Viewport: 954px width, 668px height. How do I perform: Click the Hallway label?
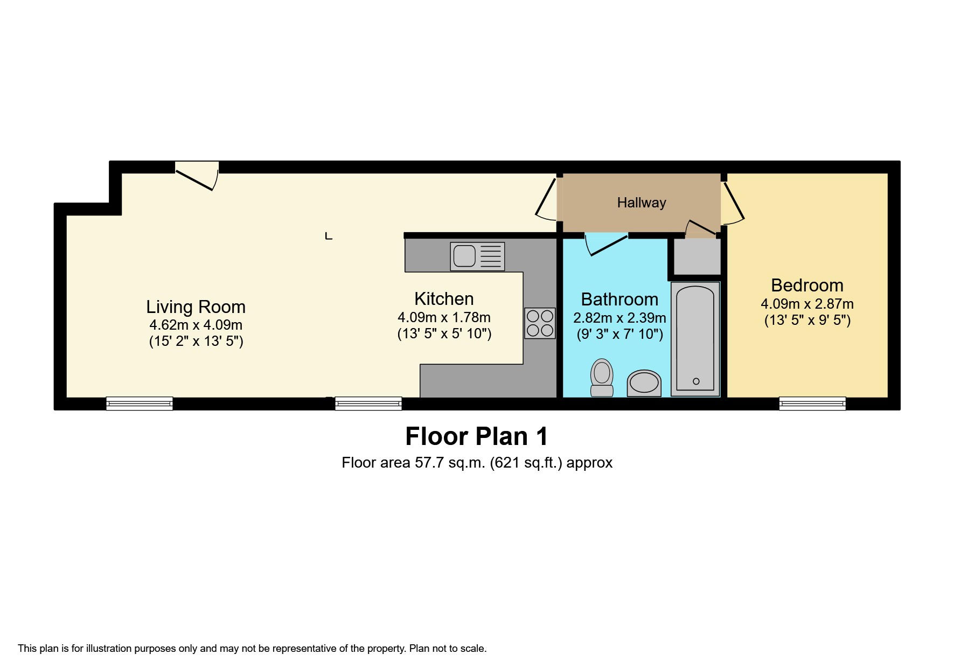click(x=641, y=203)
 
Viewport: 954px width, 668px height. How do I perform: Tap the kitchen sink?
click(x=477, y=256)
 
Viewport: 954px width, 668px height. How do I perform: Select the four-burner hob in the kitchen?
click(x=540, y=323)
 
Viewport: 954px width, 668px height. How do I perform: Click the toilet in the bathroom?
click(x=602, y=378)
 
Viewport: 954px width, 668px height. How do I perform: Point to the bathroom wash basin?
click(x=644, y=383)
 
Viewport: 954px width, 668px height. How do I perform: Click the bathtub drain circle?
click(x=695, y=381)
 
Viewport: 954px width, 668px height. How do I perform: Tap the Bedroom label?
click(x=806, y=285)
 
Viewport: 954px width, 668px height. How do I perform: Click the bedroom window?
click(x=812, y=403)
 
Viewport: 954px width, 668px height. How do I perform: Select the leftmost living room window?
click(x=140, y=403)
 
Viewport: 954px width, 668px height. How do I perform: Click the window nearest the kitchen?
click(x=368, y=403)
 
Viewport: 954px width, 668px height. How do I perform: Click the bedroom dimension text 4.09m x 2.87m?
click(x=806, y=304)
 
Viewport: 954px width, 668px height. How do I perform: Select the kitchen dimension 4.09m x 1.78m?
click(x=444, y=317)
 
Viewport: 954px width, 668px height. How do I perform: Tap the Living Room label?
click(x=196, y=307)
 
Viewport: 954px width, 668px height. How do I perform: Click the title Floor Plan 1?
click(x=476, y=436)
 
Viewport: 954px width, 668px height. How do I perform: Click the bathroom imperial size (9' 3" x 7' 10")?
click(x=619, y=334)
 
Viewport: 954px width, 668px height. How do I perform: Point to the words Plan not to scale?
click(x=448, y=649)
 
